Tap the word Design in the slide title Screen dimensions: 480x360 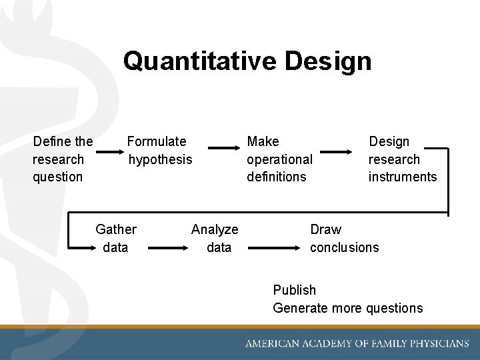[327, 61]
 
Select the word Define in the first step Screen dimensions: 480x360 [51, 141]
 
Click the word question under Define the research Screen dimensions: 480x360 [57, 177]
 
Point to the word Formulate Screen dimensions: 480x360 [157, 141]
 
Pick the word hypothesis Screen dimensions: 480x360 [160, 159]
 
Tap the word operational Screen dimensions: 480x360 [279, 159]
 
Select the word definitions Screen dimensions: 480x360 [276, 177]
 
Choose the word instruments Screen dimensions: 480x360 [403, 177]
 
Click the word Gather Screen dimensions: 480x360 [116, 229]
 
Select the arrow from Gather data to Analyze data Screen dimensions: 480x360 [169, 247]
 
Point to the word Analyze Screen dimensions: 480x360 [215, 229]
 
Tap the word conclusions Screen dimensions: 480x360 [344, 247]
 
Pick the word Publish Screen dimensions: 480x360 [294, 290]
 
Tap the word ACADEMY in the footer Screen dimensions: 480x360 [325, 344]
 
